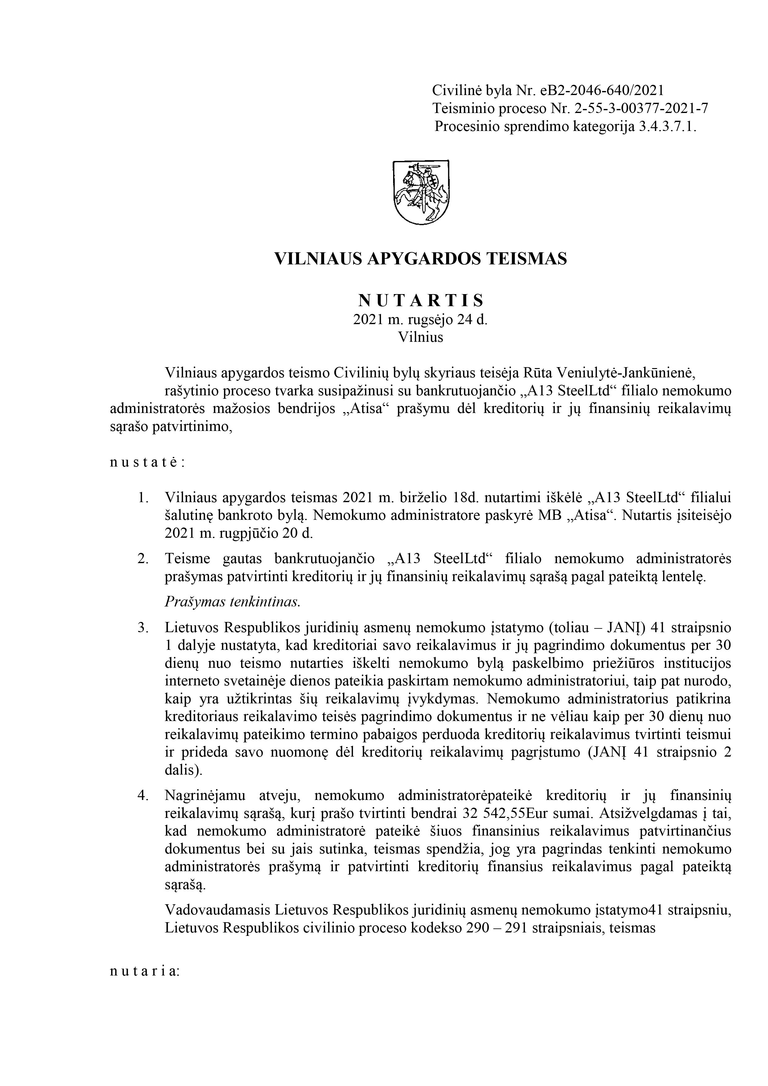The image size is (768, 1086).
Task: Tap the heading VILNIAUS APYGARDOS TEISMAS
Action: pyautogui.click(x=420, y=259)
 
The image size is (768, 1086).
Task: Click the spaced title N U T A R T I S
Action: pyautogui.click(x=420, y=300)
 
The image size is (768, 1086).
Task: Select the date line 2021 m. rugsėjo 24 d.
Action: pyautogui.click(x=420, y=320)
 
